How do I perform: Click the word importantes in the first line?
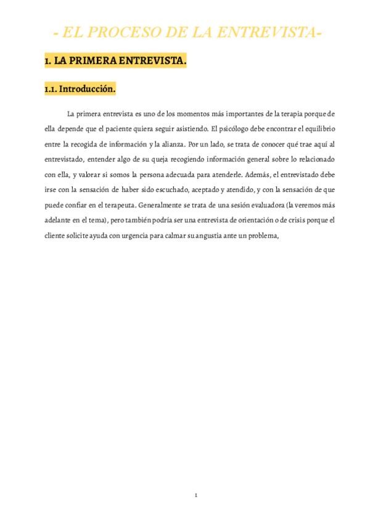(x=245, y=115)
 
